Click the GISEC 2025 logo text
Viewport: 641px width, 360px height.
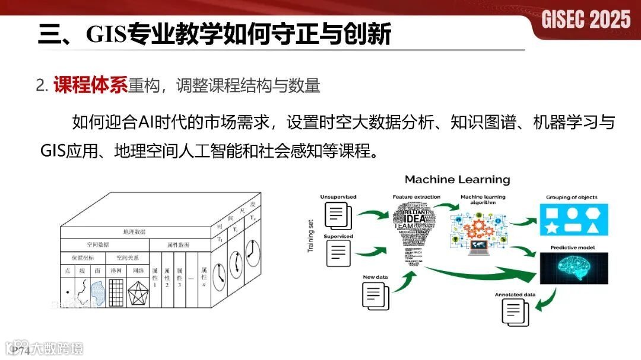586,20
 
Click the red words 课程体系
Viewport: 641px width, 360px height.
90,86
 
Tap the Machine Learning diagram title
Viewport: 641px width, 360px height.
457,179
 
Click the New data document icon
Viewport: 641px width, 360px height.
376,294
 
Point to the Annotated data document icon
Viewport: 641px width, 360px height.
515,311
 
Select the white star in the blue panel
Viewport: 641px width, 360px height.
551,228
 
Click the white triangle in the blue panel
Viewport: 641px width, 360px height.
595,227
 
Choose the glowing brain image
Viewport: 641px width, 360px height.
573,267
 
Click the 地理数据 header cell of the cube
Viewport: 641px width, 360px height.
135,231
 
